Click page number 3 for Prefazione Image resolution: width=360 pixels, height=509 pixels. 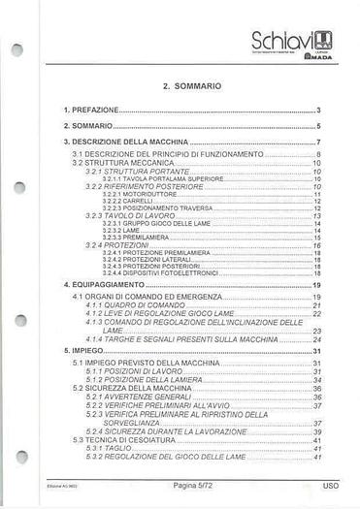[317, 111]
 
